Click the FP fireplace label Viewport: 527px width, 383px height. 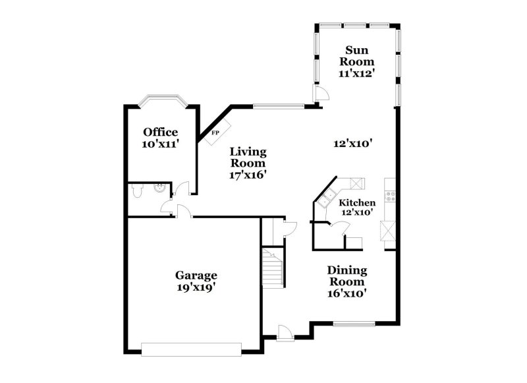pyautogui.click(x=215, y=133)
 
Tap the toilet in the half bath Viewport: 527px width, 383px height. pyautogui.click(x=136, y=192)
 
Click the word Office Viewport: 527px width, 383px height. pyautogui.click(x=161, y=132)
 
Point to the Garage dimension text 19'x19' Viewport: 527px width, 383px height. pyautogui.click(x=196, y=287)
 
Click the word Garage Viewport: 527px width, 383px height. pyautogui.click(x=196, y=276)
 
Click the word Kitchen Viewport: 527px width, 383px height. pyautogui.click(x=358, y=202)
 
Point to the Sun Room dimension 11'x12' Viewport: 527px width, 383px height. pyautogui.click(x=356, y=74)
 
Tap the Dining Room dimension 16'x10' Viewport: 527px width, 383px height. pyautogui.click(x=347, y=293)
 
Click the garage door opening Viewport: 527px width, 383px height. pyautogui.click(x=192, y=349)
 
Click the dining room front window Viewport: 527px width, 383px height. pyautogui.click(x=354, y=324)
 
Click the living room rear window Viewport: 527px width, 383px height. pyautogui.click(x=279, y=105)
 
